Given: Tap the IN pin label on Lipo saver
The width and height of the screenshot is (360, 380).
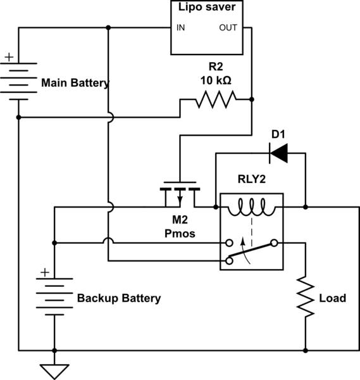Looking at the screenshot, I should pos(181,28).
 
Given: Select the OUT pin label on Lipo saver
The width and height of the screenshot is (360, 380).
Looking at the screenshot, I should pos(228,28).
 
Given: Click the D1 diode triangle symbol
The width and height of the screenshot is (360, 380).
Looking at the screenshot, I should pos(278,152).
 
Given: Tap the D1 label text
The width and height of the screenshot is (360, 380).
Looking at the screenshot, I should pos(278,134).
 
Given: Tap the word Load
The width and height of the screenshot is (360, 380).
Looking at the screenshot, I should pos(333,298).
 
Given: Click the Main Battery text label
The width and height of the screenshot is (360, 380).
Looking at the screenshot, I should pos(75,83).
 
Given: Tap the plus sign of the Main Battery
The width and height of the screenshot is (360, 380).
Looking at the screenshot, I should pos(9,57).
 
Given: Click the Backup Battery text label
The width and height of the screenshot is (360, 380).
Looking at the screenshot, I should pos(119,298).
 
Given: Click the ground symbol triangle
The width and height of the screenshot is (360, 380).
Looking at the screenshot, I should pos(54,369).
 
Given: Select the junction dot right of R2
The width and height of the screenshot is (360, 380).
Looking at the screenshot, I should pos(252,99).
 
